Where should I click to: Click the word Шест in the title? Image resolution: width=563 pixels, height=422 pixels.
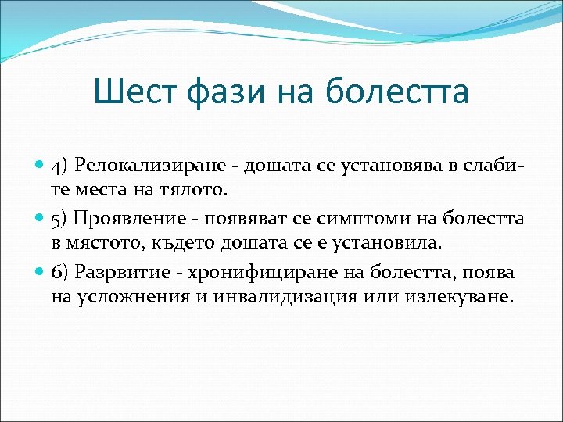(x=135, y=91)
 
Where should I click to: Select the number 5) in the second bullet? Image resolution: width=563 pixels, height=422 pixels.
(x=60, y=217)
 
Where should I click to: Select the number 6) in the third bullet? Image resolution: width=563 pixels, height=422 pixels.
(x=60, y=272)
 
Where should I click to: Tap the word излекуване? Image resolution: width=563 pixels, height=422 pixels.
(x=408, y=298)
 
